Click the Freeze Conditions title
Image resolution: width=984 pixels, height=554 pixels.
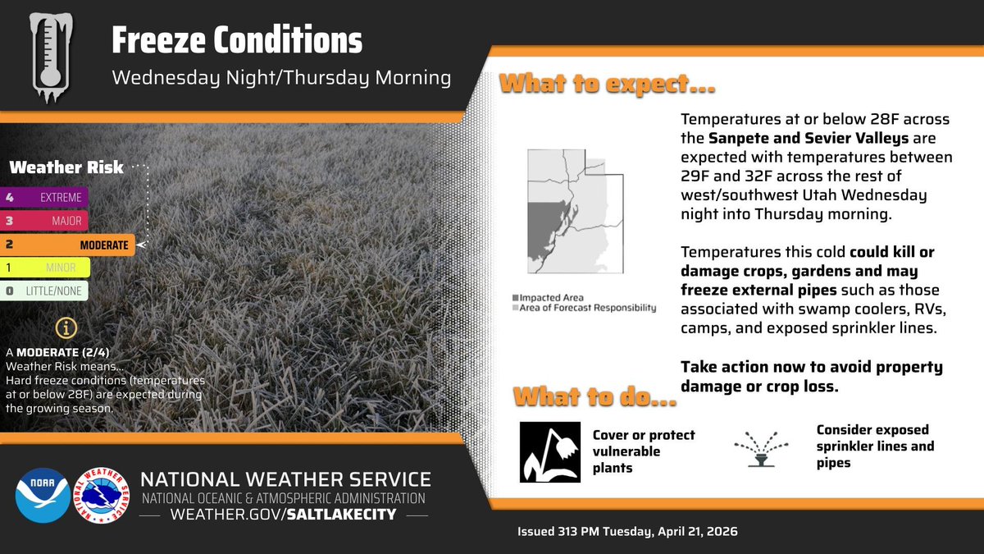pos(236,41)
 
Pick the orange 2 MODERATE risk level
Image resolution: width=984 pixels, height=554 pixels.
pos(67,245)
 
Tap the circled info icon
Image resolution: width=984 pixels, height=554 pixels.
pos(66,328)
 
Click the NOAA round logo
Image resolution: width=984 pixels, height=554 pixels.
pos(42,496)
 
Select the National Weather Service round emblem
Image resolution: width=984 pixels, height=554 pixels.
pos(102,496)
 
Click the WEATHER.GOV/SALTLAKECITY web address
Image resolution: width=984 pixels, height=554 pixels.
pos(284,515)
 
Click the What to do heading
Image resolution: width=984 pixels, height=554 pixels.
pos(595,400)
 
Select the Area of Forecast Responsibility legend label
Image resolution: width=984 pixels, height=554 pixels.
pos(584,308)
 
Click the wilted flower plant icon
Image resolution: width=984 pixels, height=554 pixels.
pos(549,451)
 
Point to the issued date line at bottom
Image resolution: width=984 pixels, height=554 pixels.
pos(627,532)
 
